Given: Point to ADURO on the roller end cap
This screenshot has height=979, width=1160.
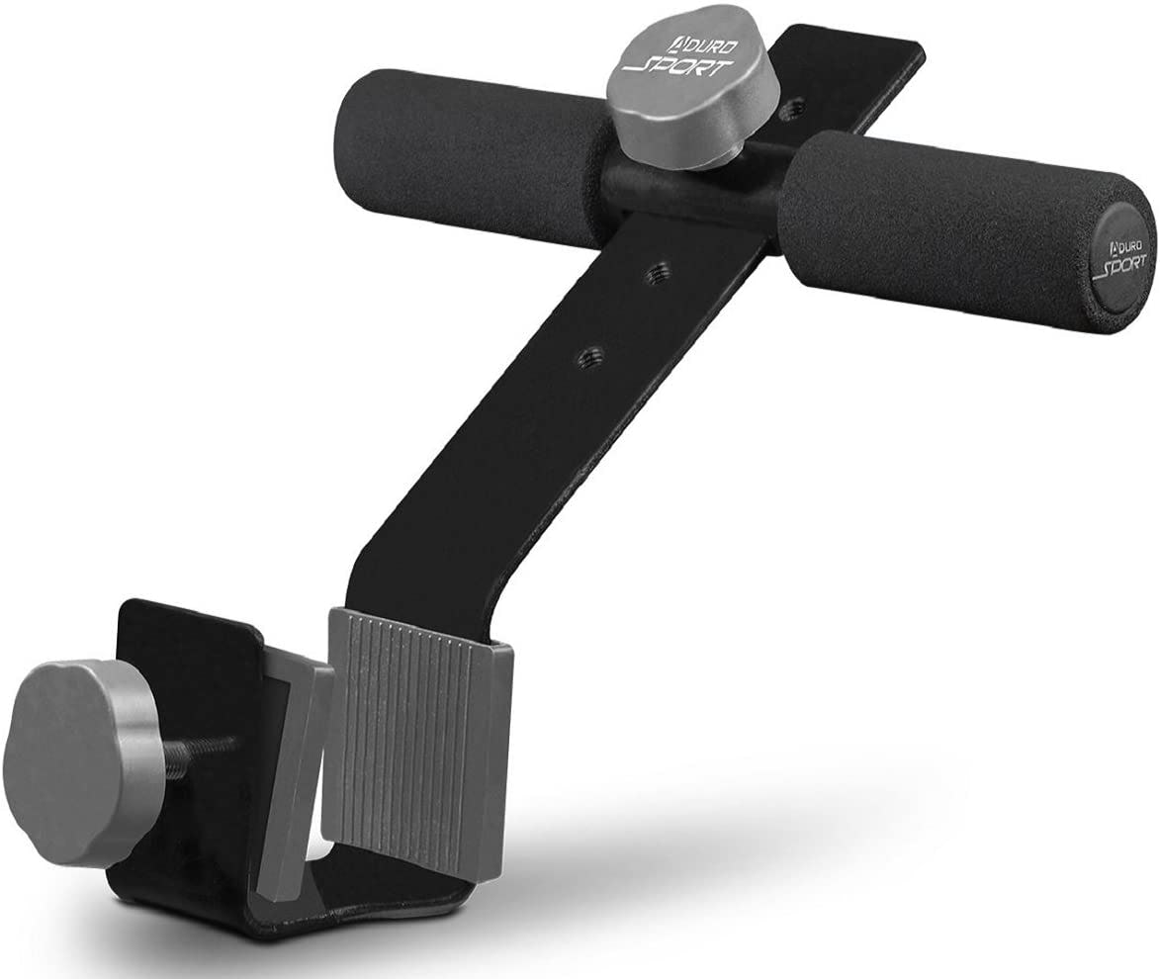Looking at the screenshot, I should point(1124,241).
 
